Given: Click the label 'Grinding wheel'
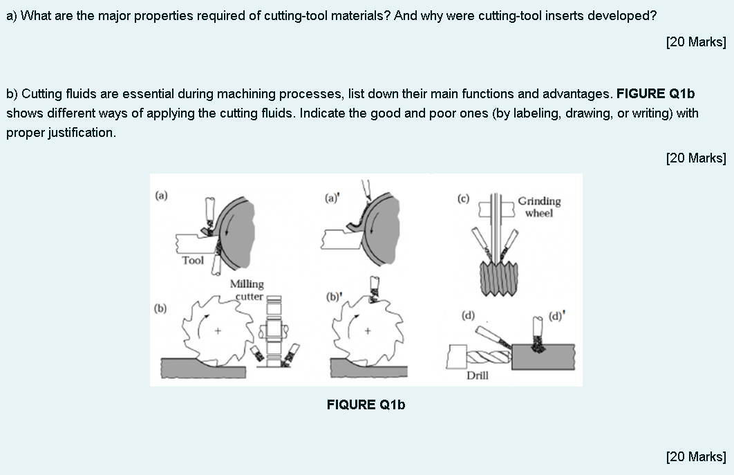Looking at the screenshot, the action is pos(539,207).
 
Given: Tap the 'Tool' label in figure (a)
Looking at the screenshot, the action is pos(193,261).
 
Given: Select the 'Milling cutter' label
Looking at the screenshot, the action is pos(247,290).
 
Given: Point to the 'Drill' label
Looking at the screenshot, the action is pos(477,375).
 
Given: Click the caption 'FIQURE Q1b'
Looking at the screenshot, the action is pos(366,404).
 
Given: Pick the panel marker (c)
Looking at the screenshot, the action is pos(463,198).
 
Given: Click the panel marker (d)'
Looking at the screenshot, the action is pos(556,317).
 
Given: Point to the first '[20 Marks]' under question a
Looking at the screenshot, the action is pos(695,42).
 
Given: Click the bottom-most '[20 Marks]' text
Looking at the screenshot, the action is pos(695,456).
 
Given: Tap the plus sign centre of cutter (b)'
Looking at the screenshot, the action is pos(368,332).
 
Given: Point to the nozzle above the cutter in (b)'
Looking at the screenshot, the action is pos(376,288).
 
